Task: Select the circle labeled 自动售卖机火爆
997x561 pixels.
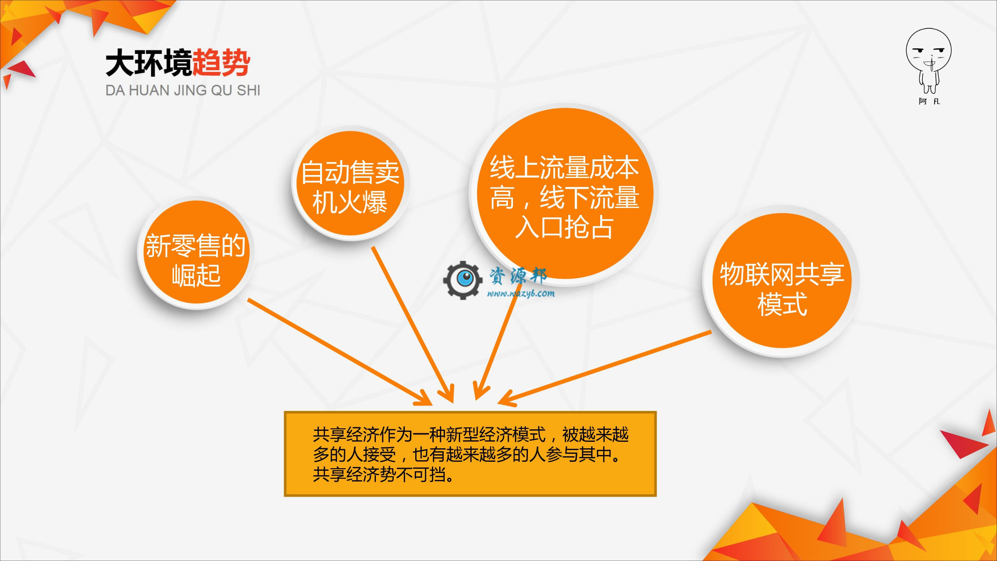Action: (x=350, y=183)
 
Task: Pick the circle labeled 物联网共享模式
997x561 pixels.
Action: (x=782, y=281)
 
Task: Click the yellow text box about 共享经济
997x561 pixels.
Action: (x=470, y=454)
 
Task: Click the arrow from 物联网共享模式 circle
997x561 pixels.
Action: (x=604, y=368)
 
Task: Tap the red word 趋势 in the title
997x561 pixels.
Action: (x=221, y=63)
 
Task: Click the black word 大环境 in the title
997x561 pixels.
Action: (x=149, y=63)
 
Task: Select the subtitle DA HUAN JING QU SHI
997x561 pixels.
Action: (x=183, y=90)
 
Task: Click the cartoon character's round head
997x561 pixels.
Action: (x=929, y=50)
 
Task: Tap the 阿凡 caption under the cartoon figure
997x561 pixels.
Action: (x=929, y=101)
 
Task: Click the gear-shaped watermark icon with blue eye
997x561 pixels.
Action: (x=463, y=280)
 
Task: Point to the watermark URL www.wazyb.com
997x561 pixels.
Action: (x=521, y=293)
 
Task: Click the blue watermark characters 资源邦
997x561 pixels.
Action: (x=518, y=275)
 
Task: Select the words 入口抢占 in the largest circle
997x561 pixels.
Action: (x=564, y=227)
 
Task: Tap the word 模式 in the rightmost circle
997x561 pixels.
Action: (x=782, y=304)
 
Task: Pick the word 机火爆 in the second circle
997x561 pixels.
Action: (x=350, y=202)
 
